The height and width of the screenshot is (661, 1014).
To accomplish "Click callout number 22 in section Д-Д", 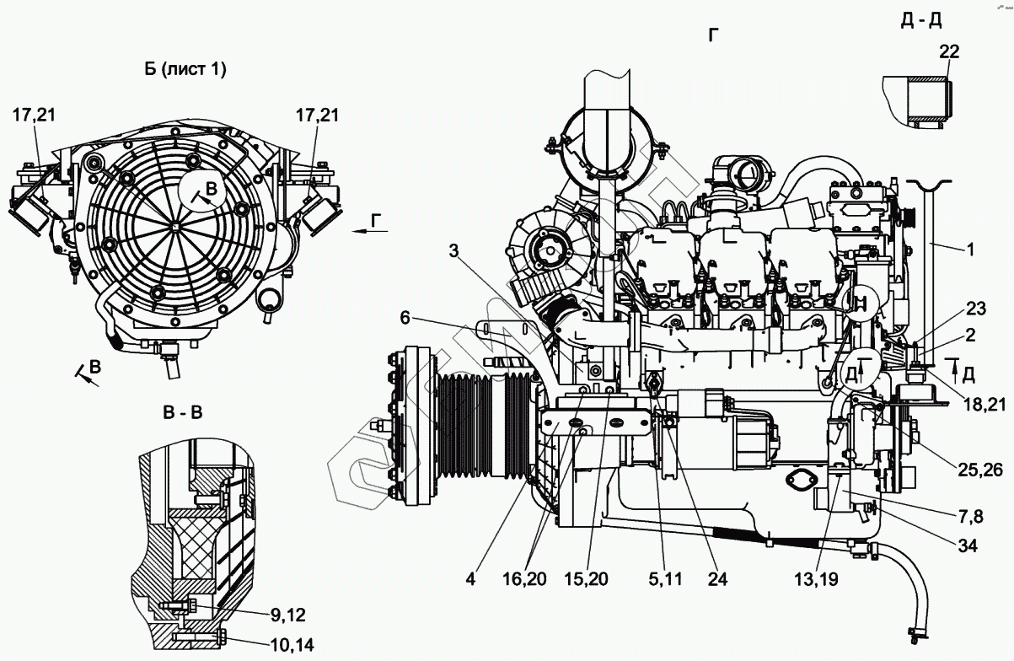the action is pos(949,51).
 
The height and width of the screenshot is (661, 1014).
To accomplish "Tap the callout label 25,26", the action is pos(980,470).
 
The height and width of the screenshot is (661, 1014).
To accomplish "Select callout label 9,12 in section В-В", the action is pos(288,615).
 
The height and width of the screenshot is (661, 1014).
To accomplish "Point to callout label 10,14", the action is pos(292,645).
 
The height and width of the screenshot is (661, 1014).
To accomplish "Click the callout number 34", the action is pos(968,546).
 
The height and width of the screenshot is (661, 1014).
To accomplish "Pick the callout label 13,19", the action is pos(816,579).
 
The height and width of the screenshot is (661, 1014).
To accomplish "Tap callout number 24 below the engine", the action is pos(717,579).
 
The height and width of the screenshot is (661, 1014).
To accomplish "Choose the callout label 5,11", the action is pos(665,579).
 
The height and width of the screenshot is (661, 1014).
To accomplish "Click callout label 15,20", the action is pos(586,579).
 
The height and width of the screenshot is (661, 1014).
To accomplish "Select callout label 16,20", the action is pos(524,579).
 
